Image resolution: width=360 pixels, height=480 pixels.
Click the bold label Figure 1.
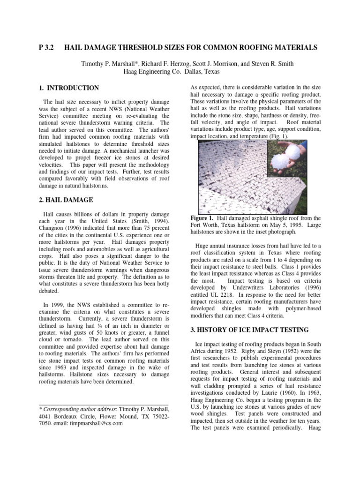coord(202,218)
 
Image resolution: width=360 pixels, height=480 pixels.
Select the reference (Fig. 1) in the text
coord(278,136)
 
